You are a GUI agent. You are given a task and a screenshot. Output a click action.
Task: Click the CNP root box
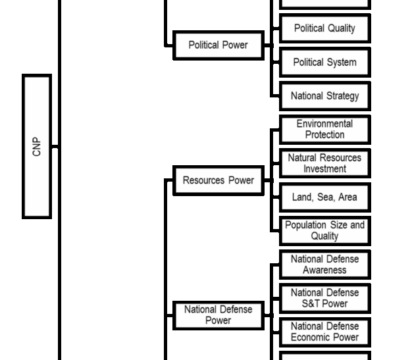coord(37,146)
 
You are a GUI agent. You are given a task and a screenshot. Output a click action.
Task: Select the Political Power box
coord(218,45)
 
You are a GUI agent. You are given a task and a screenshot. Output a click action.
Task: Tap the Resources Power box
coord(218,180)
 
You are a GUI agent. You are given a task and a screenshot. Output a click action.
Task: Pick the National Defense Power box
coord(218,315)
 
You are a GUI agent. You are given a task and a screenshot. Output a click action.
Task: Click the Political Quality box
coord(324,28)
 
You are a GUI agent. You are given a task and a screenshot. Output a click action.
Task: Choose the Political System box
coord(324,63)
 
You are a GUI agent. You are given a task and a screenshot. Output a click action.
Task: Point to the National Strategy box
coord(324,96)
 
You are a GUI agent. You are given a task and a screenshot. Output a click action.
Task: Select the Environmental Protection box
coord(324,129)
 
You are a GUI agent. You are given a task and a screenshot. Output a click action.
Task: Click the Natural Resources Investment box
coord(324,163)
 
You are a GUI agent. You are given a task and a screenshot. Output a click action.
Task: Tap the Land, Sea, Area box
coord(324,197)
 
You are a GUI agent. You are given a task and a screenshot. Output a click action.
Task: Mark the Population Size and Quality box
coord(324,230)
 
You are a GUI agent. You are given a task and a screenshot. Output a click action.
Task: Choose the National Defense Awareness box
coord(324,265)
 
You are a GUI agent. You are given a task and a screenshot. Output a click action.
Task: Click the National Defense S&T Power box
coord(324,298)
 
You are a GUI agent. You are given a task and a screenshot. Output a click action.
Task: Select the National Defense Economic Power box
coord(324,332)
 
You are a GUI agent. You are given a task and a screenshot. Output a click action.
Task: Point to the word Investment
coord(324,169)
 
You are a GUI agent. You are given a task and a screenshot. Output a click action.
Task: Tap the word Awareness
coord(324,270)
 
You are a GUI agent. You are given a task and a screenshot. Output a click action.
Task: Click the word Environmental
coord(324,124)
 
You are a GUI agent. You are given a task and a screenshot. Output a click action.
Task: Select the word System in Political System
coord(342,63)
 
